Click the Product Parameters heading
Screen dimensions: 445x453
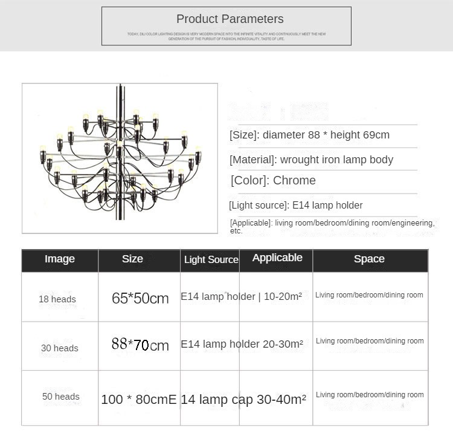tap(230, 19)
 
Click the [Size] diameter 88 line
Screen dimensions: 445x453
tap(309, 135)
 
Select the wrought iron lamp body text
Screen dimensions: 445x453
tap(336, 160)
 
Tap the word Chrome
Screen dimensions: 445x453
tap(294, 180)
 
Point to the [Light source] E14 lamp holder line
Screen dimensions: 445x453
tap(296, 206)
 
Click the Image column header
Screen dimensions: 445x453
tap(60, 259)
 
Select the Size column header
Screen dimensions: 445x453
tap(132, 259)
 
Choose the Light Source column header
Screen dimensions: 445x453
tap(211, 260)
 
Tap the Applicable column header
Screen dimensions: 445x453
tap(277, 258)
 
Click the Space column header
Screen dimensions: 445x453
tap(369, 259)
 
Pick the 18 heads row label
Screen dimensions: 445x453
tap(57, 299)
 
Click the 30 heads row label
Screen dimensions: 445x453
tap(60, 348)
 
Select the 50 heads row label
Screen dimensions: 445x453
tap(61, 397)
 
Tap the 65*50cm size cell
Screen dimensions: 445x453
tap(140, 298)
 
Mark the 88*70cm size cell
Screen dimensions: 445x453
tap(140, 345)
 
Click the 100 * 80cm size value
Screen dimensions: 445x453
tap(135, 400)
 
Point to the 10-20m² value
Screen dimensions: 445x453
tap(283, 297)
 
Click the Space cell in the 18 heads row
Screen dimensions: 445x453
tap(369, 295)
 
